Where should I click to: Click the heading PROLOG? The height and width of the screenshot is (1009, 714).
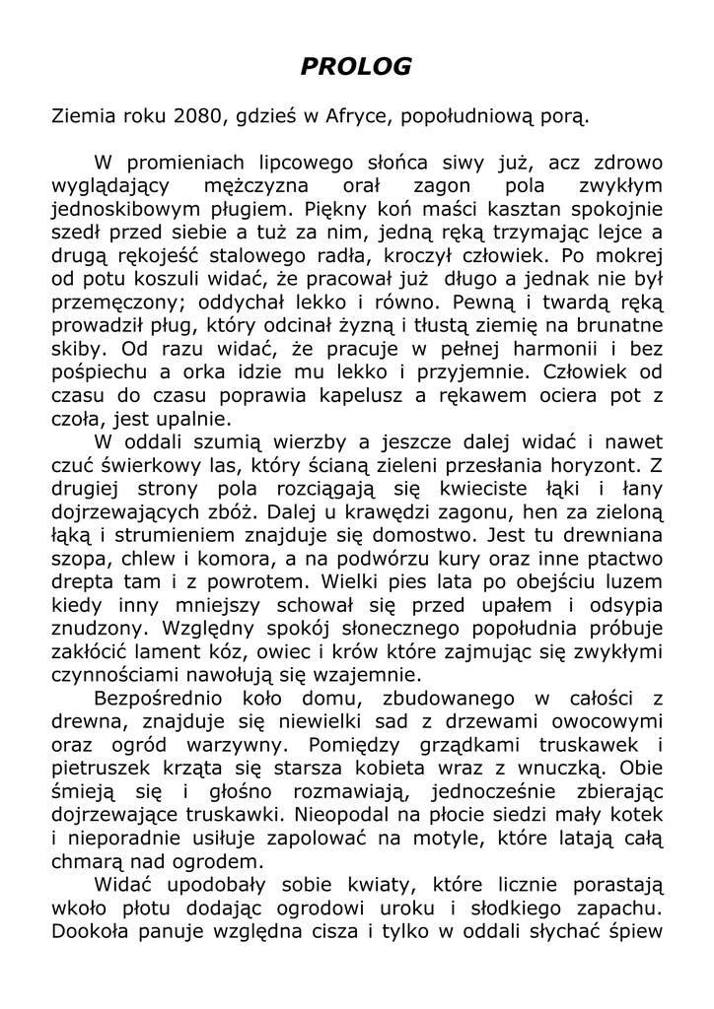point(355,67)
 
